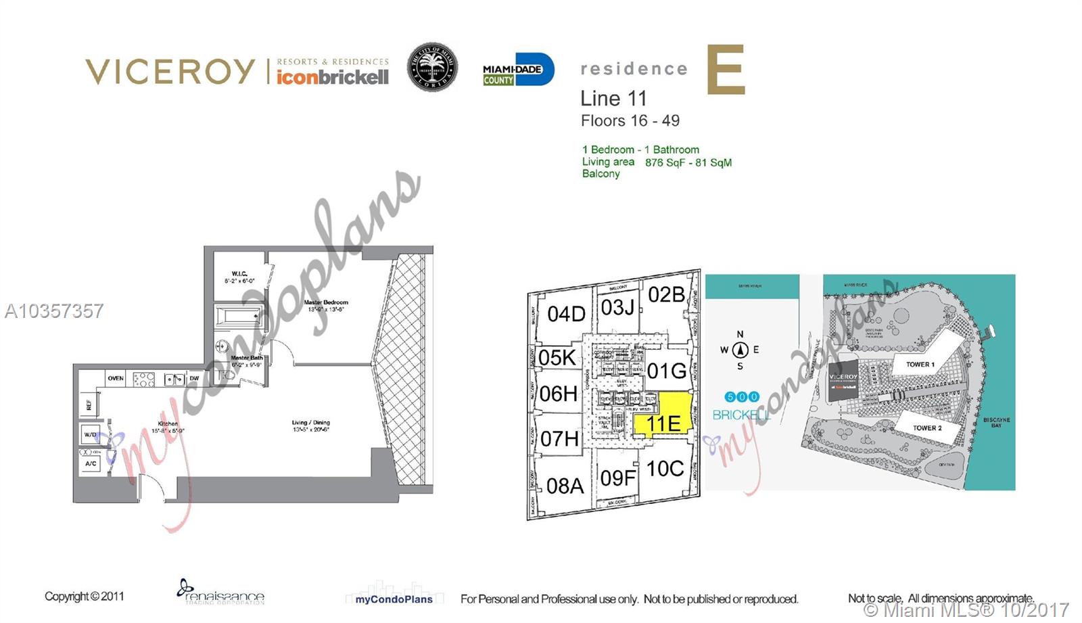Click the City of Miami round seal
(x=432, y=68)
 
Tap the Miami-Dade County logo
(x=518, y=70)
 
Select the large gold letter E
(x=726, y=70)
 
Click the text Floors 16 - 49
(x=630, y=121)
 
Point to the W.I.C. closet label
(x=239, y=277)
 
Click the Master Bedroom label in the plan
(x=326, y=305)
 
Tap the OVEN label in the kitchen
(x=116, y=378)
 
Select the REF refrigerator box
(x=89, y=405)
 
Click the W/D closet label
(x=90, y=434)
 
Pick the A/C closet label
(x=91, y=463)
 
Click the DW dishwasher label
(x=194, y=378)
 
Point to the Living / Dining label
(x=311, y=425)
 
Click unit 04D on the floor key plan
(x=566, y=314)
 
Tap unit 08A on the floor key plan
(x=565, y=486)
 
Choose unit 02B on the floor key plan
(x=666, y=295)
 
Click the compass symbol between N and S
(x=740, y=350)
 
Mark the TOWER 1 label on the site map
(x=920, y=364)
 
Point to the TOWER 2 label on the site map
(x=927, y=428)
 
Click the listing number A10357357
(x=54, y=311)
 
